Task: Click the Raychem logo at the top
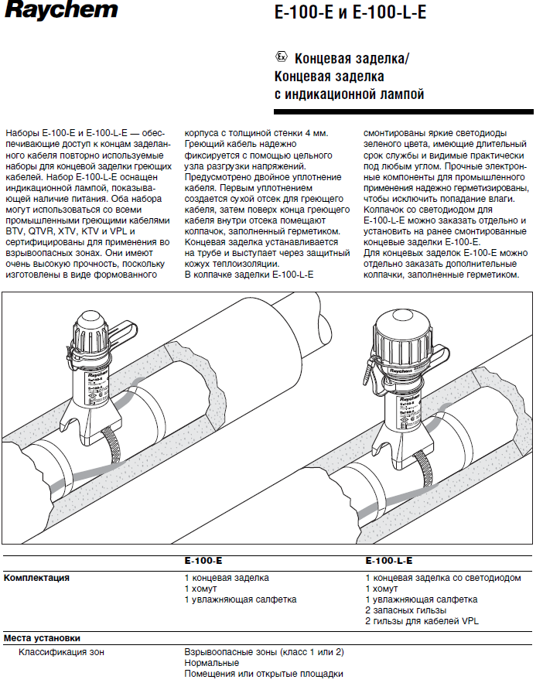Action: [x=60, y=11]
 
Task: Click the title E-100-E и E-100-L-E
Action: [x=350, y=14]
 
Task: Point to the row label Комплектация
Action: [x=36, y=578]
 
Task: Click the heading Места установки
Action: [x=42, y=639]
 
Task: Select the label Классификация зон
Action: [x=61, y=652]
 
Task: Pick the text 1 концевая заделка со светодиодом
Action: [x=443, y=578]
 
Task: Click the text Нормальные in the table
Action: [x=211, y=663]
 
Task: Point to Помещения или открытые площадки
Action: [x=263, y=674]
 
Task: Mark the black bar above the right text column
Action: [x=449, y=113]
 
